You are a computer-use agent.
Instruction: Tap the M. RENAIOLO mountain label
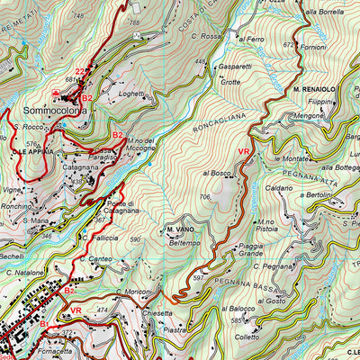(313, 90)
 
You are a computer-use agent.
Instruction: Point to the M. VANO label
(181, 231)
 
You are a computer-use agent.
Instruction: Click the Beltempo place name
(184, 242)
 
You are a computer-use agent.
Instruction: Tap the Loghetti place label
(130, 92)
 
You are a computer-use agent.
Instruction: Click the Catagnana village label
(80, 166)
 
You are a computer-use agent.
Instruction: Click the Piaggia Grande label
(256, 248)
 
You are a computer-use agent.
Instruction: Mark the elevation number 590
(136, 239)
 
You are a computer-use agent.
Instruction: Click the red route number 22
(80, 72)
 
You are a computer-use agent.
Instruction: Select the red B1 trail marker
(43, 324)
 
